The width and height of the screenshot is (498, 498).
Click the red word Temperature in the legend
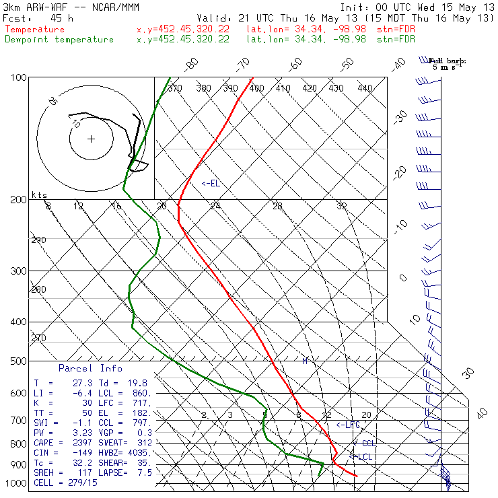pyautogui.click(x=35, y=30)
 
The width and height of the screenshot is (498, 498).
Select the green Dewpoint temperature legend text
pyautogui.click(x=59, y=39)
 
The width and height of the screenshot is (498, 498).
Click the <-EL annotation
pyautogui.click(x=211, y=183)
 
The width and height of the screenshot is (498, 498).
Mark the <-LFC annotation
pyautogui.click(x=348, y=425)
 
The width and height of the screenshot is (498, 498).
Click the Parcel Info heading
pyautogui.click(x=90, y=368)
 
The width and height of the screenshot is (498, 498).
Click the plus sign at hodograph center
pyautogui.click(x=91, y=139)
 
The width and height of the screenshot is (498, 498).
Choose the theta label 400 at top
pyautogui.click(x=256, y=88)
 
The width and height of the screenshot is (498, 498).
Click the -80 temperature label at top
pyautogui.click(x=193, y=64)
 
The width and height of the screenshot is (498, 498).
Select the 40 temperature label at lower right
pyautogui.click(x=481, y=413)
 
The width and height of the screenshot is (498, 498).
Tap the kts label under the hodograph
pyautogui.click(x=40, y=194)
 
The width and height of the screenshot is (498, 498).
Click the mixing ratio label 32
pyautogui.click(x=342, y=206)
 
